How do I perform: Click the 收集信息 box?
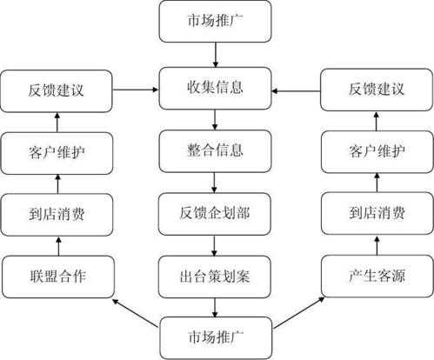pyautogui.click(x=215, y=88)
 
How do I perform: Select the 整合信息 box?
pyautogui.click(x=215, y=151)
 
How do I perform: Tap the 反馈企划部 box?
pyautogui.click(x=215, y=214)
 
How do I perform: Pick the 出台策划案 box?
pyautogui.click(x=215, y=277)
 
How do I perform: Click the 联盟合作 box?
pyautogui.click(x=58, y=277)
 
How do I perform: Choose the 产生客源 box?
pyautogui.click(x=377, y=276)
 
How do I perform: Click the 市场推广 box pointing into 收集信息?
pyautogui.click(x=215, y=21)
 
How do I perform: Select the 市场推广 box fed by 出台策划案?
pyautogui.click(x=216, y=338)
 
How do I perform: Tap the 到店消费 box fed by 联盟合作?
pyautogui.click(x=57, y=215)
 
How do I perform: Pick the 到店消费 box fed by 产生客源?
pyautogui.click(x=377, y=213)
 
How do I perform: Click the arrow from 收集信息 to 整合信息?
pyautogui.click(x=215, y=120)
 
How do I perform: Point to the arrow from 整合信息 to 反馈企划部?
pyautogui.click(x=214, y=183)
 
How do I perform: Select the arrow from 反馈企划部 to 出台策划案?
pyautogui.click(x=214, y=245)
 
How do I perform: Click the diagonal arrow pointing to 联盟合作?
pyautogui.click(x=136, y=313)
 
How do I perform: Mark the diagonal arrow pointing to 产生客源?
pyautogui.click(x=298, y=312)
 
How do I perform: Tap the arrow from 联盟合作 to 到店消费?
pyautogui.click(x=58, y=246)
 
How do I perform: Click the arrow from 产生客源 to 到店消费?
pyautogui.click(x=377, y=245)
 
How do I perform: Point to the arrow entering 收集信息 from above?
pyautogui.click(x=216, y=55)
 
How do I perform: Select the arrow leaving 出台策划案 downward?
pyautogui.click(x=215, y=308)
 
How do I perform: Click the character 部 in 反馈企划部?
pyautogui.click(x=243, y=213)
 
